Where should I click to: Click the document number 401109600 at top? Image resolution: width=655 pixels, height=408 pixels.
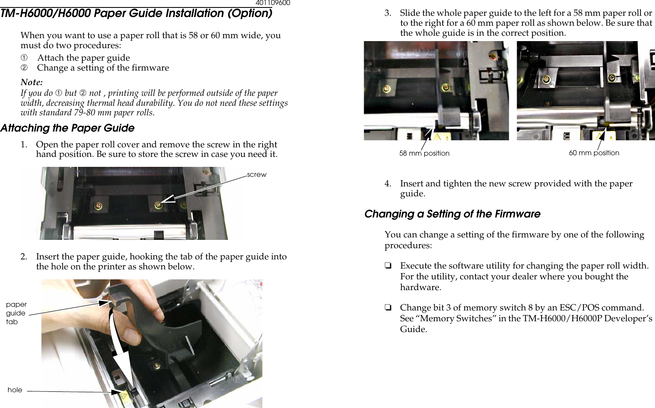(x=273, y=3)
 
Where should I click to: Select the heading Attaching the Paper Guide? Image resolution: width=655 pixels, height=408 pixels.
(x=67, y=128)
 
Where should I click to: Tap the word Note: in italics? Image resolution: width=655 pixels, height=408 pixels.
(x=32, y=82)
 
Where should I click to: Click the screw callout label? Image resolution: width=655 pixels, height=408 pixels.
(x=256, y=175)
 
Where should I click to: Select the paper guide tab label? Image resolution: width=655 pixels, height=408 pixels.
(x=16, y=313)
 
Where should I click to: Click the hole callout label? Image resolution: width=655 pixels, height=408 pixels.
(x=15, y=390)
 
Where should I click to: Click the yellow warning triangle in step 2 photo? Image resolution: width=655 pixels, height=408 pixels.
(x=123, y=397)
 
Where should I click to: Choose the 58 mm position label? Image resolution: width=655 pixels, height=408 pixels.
(x=424, y=153)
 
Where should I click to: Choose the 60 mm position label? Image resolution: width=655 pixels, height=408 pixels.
(x=594, y=153)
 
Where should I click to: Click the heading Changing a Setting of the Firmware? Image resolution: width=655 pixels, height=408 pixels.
(x=452, y=214)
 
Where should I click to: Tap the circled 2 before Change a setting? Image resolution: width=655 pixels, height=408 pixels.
(x=24, y=68)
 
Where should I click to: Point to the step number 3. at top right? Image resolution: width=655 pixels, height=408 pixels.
(x=388, y=13)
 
